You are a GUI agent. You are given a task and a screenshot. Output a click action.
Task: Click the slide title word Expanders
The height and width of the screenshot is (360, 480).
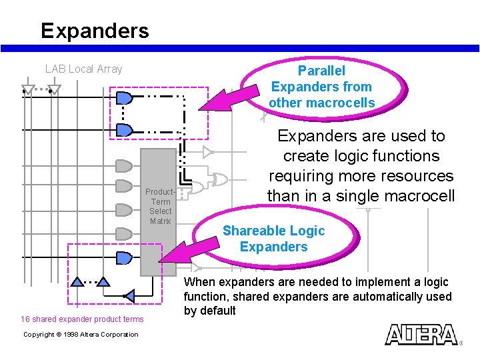[95, 31]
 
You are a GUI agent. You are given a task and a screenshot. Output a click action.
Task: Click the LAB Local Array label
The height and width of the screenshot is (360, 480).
[83, 69]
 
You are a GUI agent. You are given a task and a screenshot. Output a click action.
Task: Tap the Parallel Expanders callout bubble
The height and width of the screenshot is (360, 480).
[321, 87]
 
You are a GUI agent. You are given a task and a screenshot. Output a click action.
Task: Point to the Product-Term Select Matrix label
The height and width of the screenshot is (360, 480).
[161, 207]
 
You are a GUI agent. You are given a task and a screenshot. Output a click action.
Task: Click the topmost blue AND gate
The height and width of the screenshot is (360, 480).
[125, 99]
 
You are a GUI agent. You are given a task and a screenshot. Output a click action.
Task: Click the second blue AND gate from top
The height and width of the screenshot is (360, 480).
[125, 130]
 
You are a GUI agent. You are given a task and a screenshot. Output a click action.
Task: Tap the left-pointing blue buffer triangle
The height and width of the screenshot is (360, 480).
[129, 295]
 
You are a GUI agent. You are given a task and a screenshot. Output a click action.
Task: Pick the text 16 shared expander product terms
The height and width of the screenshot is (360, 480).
[82, 319]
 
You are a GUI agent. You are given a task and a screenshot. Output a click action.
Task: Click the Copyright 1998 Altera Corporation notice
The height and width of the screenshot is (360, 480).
[81, 335]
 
